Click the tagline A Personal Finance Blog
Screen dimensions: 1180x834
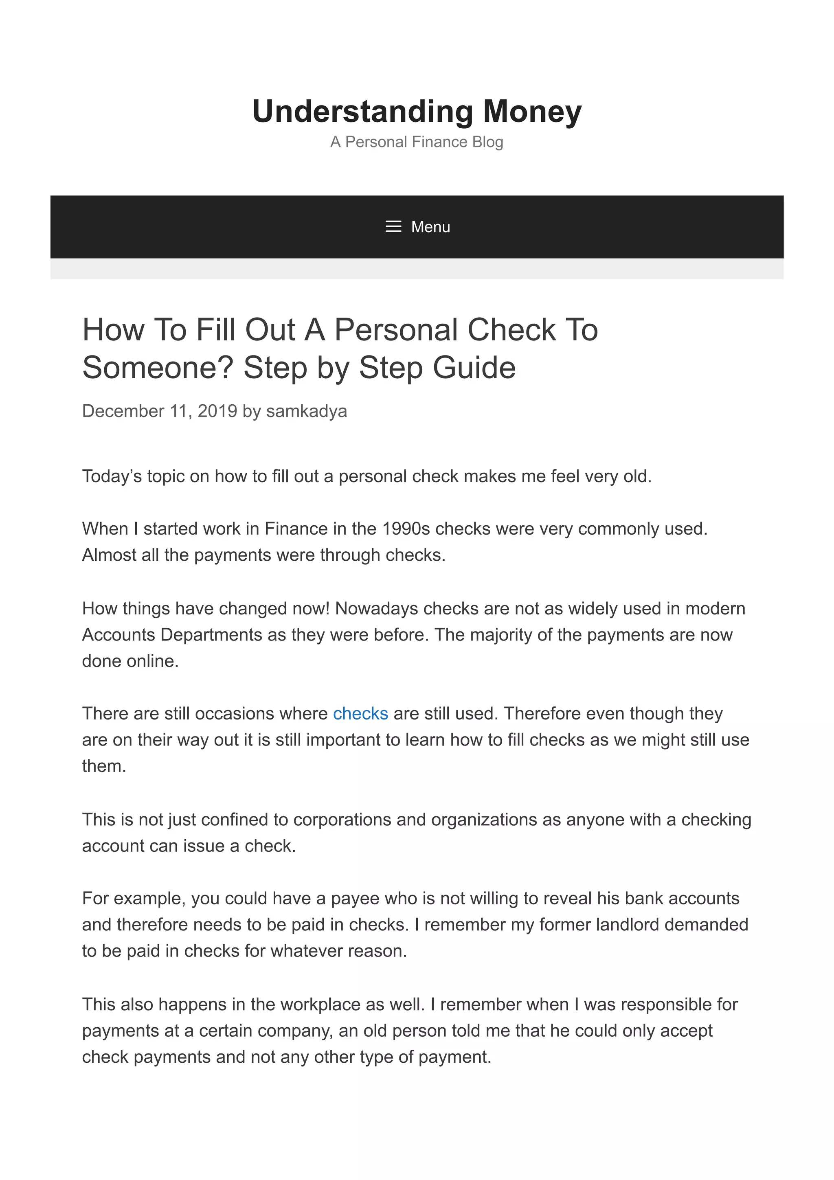(x=417, y=142)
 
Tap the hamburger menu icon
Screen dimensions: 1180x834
(x=393, y=227)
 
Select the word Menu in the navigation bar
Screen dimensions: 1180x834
(x=430, y=227)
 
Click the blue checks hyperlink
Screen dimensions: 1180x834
(x=360, y=713)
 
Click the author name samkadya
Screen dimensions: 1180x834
(x=306, y=411)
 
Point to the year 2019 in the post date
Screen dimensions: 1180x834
(x=217, y=411)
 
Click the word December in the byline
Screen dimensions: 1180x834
(x=123, y=411)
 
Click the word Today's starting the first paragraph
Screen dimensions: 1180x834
(x=112, y=476)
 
